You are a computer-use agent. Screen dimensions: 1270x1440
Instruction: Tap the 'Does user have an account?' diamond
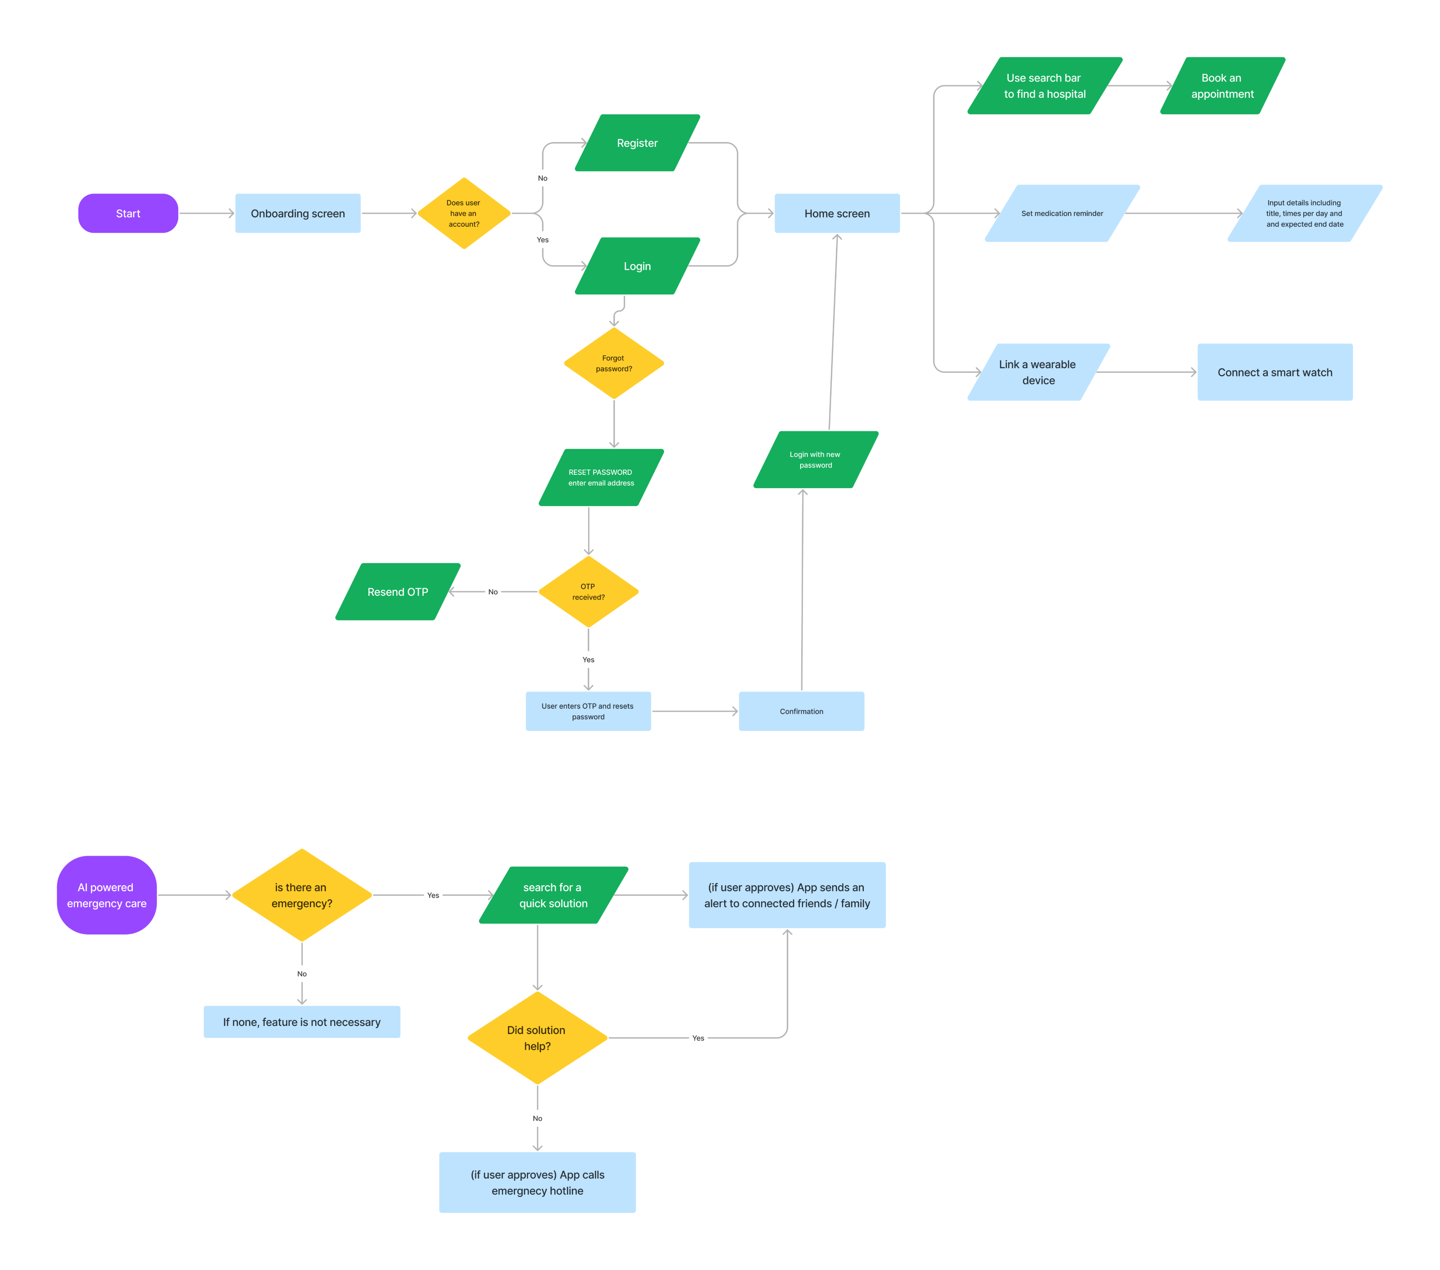464,214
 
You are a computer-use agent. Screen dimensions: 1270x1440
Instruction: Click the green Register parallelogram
637,143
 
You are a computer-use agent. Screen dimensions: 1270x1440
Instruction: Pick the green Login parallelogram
637,266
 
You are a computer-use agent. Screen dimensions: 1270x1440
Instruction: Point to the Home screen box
837,214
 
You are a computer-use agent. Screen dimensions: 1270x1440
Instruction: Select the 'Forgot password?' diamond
614,364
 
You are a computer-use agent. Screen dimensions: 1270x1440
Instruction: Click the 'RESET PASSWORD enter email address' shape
601,478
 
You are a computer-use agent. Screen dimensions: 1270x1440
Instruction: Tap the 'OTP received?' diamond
588,592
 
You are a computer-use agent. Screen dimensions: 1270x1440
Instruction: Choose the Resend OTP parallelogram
397,592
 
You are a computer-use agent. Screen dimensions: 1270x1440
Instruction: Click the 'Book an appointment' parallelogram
1222,86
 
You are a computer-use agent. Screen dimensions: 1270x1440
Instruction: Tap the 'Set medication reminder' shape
1062,214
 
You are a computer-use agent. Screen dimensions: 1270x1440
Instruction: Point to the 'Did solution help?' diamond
537,1038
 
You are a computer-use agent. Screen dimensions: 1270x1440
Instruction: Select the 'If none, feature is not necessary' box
302,1022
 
